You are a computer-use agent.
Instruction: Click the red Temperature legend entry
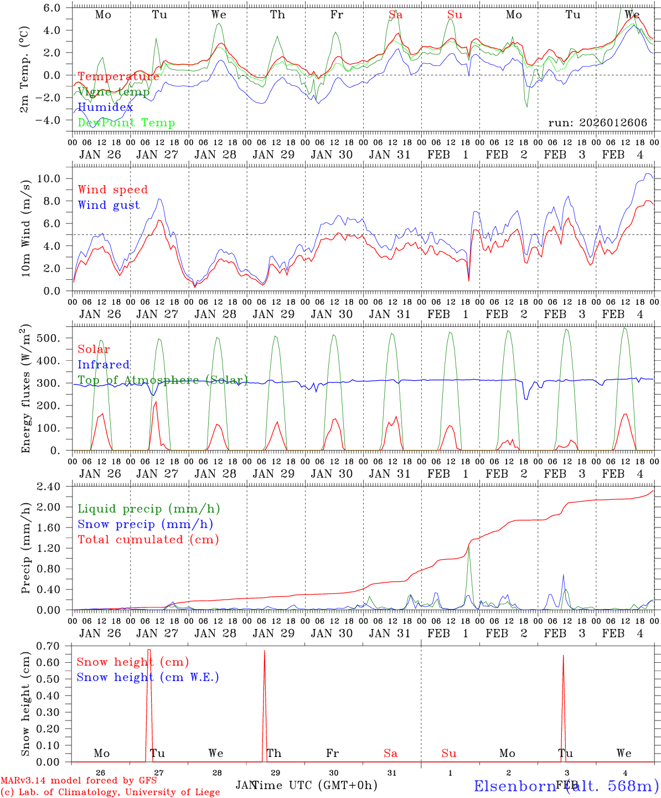click(x=118, y=76)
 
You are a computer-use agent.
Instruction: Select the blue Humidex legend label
click(x=105, y=108)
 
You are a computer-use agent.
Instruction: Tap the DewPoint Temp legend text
click(x=126, y=123)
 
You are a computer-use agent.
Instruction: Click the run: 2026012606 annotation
click(x=597, y=123)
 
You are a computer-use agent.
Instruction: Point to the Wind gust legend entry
click(x=109, y=205)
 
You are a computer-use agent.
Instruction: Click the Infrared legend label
click(x=104, y=365)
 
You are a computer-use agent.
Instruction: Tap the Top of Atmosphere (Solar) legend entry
click(x=162, y=380)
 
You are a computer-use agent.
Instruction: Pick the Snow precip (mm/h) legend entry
click(x=145, y=524)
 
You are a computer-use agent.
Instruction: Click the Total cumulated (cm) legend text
click(x=148, y=540)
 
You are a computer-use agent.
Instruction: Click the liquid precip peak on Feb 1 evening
click(x=469, y=547)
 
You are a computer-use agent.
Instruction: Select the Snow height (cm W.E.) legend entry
click(x=147, y=677)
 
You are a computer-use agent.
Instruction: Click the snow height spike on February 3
click(x=563, y=656)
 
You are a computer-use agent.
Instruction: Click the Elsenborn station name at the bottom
click(x=566, y=786)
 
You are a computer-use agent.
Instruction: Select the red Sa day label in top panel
click(x=395, y=15)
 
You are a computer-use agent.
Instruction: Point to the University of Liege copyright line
click(x=110, y=792)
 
